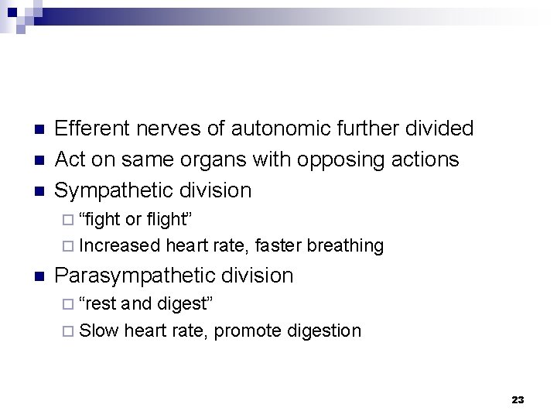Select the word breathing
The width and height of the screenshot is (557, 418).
pos(345,246)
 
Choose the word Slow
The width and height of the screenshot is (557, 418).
pos(99,331)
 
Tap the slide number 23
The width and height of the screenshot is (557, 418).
pos(518,400)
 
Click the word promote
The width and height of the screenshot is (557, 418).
pos(247,331)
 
